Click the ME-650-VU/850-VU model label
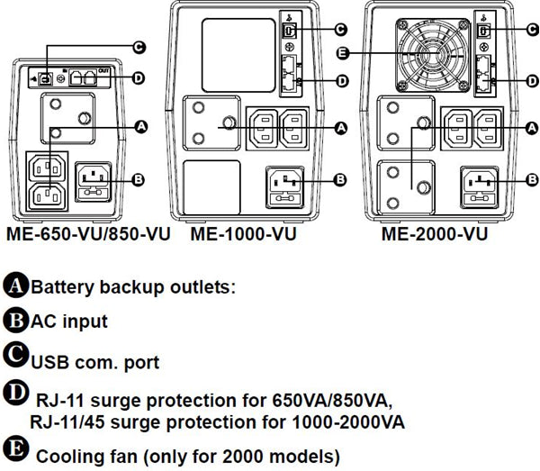91,235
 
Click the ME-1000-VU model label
243,235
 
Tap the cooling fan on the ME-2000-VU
427,54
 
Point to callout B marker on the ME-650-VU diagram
138,179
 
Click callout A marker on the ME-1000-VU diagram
340,129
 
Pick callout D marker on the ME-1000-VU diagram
340,81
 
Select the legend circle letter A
15,287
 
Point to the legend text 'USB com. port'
95,363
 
